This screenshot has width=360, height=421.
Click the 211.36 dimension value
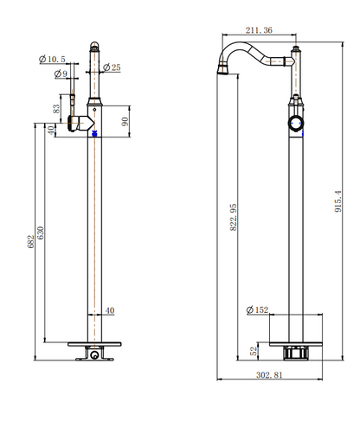[x=259, y=30]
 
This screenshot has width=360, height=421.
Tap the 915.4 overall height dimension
[x=338, y=201]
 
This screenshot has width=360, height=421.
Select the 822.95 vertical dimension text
[x=233, y=217]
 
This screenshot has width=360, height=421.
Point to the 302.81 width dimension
[x=269, y=375]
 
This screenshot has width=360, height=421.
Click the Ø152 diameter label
[x=257, y=310]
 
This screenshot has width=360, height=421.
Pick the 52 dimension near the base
[x=254, y=351]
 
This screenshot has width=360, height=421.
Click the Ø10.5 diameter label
[x=52, y=60]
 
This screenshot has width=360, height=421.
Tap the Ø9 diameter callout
[x=61, y=73]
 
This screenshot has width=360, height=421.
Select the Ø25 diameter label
[x=112, y=67]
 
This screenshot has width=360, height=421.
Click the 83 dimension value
[x=56, y=109]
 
